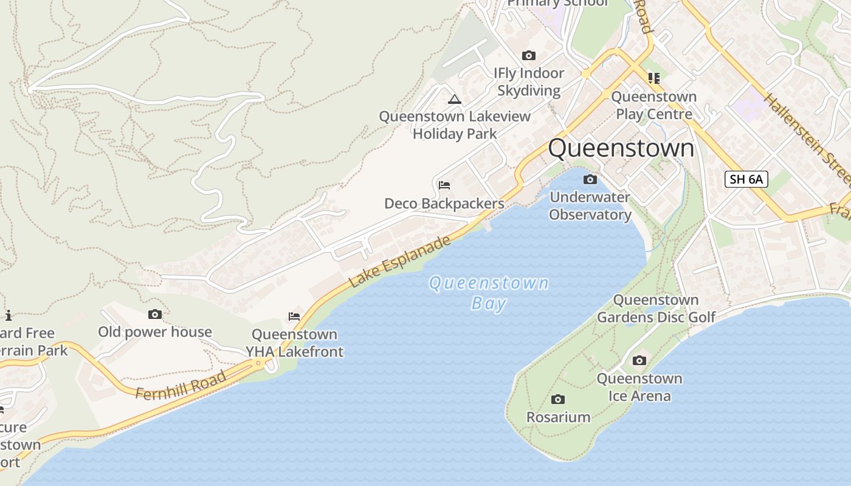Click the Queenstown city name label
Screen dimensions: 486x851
tap(621, 148)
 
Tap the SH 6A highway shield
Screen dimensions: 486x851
tap(746, 179)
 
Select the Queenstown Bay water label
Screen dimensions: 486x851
tap(489, 292)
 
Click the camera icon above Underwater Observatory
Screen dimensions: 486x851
tap(590, 179)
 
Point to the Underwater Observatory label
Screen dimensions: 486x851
tap(590, 206)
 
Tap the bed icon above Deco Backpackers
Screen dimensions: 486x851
tap(444, 185)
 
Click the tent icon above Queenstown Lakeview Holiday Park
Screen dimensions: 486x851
tap(455, 99)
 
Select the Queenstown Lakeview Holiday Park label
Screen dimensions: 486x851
tap(455, 125)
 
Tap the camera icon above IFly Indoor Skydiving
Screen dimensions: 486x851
tap(529, 55)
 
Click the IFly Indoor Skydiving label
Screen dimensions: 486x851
tap(529, 82)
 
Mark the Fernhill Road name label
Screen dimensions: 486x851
tap(181, 385)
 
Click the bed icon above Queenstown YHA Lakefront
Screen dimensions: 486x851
tap(294, 316)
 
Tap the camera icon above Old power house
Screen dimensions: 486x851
tap(155, 314)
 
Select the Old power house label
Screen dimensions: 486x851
tap(155, 332)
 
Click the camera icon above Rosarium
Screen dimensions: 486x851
tap(558, 399)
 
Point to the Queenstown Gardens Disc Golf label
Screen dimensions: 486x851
tap(656, 309)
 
